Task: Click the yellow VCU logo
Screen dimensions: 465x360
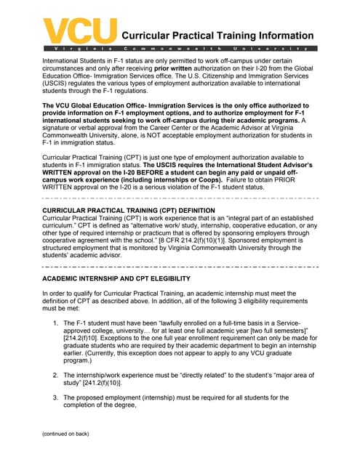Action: (x=80, y=30)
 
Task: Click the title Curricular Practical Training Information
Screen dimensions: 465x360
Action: (x=217, y=36)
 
